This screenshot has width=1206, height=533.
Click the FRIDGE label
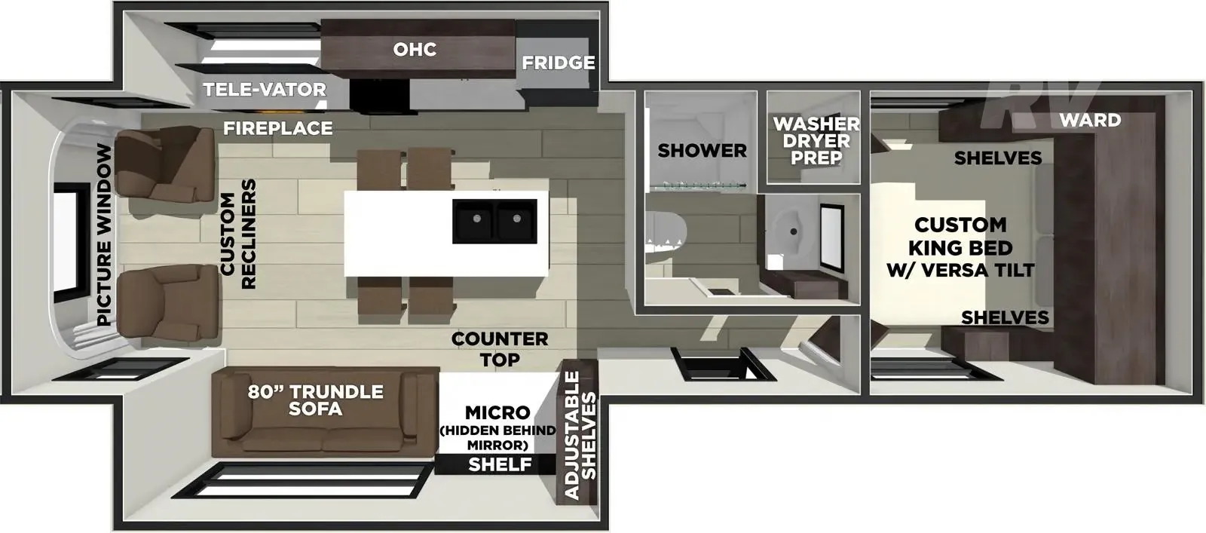tap(559, 63)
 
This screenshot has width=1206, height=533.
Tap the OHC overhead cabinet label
tap(415, 50)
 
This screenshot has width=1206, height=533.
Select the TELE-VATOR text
tap(265, 90)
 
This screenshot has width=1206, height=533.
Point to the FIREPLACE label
tap(278, 128)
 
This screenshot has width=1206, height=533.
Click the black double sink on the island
tap(494, 222)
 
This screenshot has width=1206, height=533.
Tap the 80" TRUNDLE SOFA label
tap(316, 400)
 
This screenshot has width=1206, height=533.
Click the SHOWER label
tap(702, 151)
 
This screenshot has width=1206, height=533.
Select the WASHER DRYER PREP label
tap(816, 141)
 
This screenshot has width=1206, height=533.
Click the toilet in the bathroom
tap(666, 236)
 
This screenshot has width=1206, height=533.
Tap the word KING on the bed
tap(933, 248)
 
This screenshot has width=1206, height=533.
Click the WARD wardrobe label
tap(1090, 120)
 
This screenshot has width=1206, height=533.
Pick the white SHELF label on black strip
tap(500, 464)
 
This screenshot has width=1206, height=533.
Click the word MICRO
tap(497, 413)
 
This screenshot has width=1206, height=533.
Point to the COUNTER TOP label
tap(500, 349)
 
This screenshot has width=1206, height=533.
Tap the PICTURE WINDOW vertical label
tap(104, 235)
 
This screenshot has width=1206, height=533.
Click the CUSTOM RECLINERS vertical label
tap(238, 234)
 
